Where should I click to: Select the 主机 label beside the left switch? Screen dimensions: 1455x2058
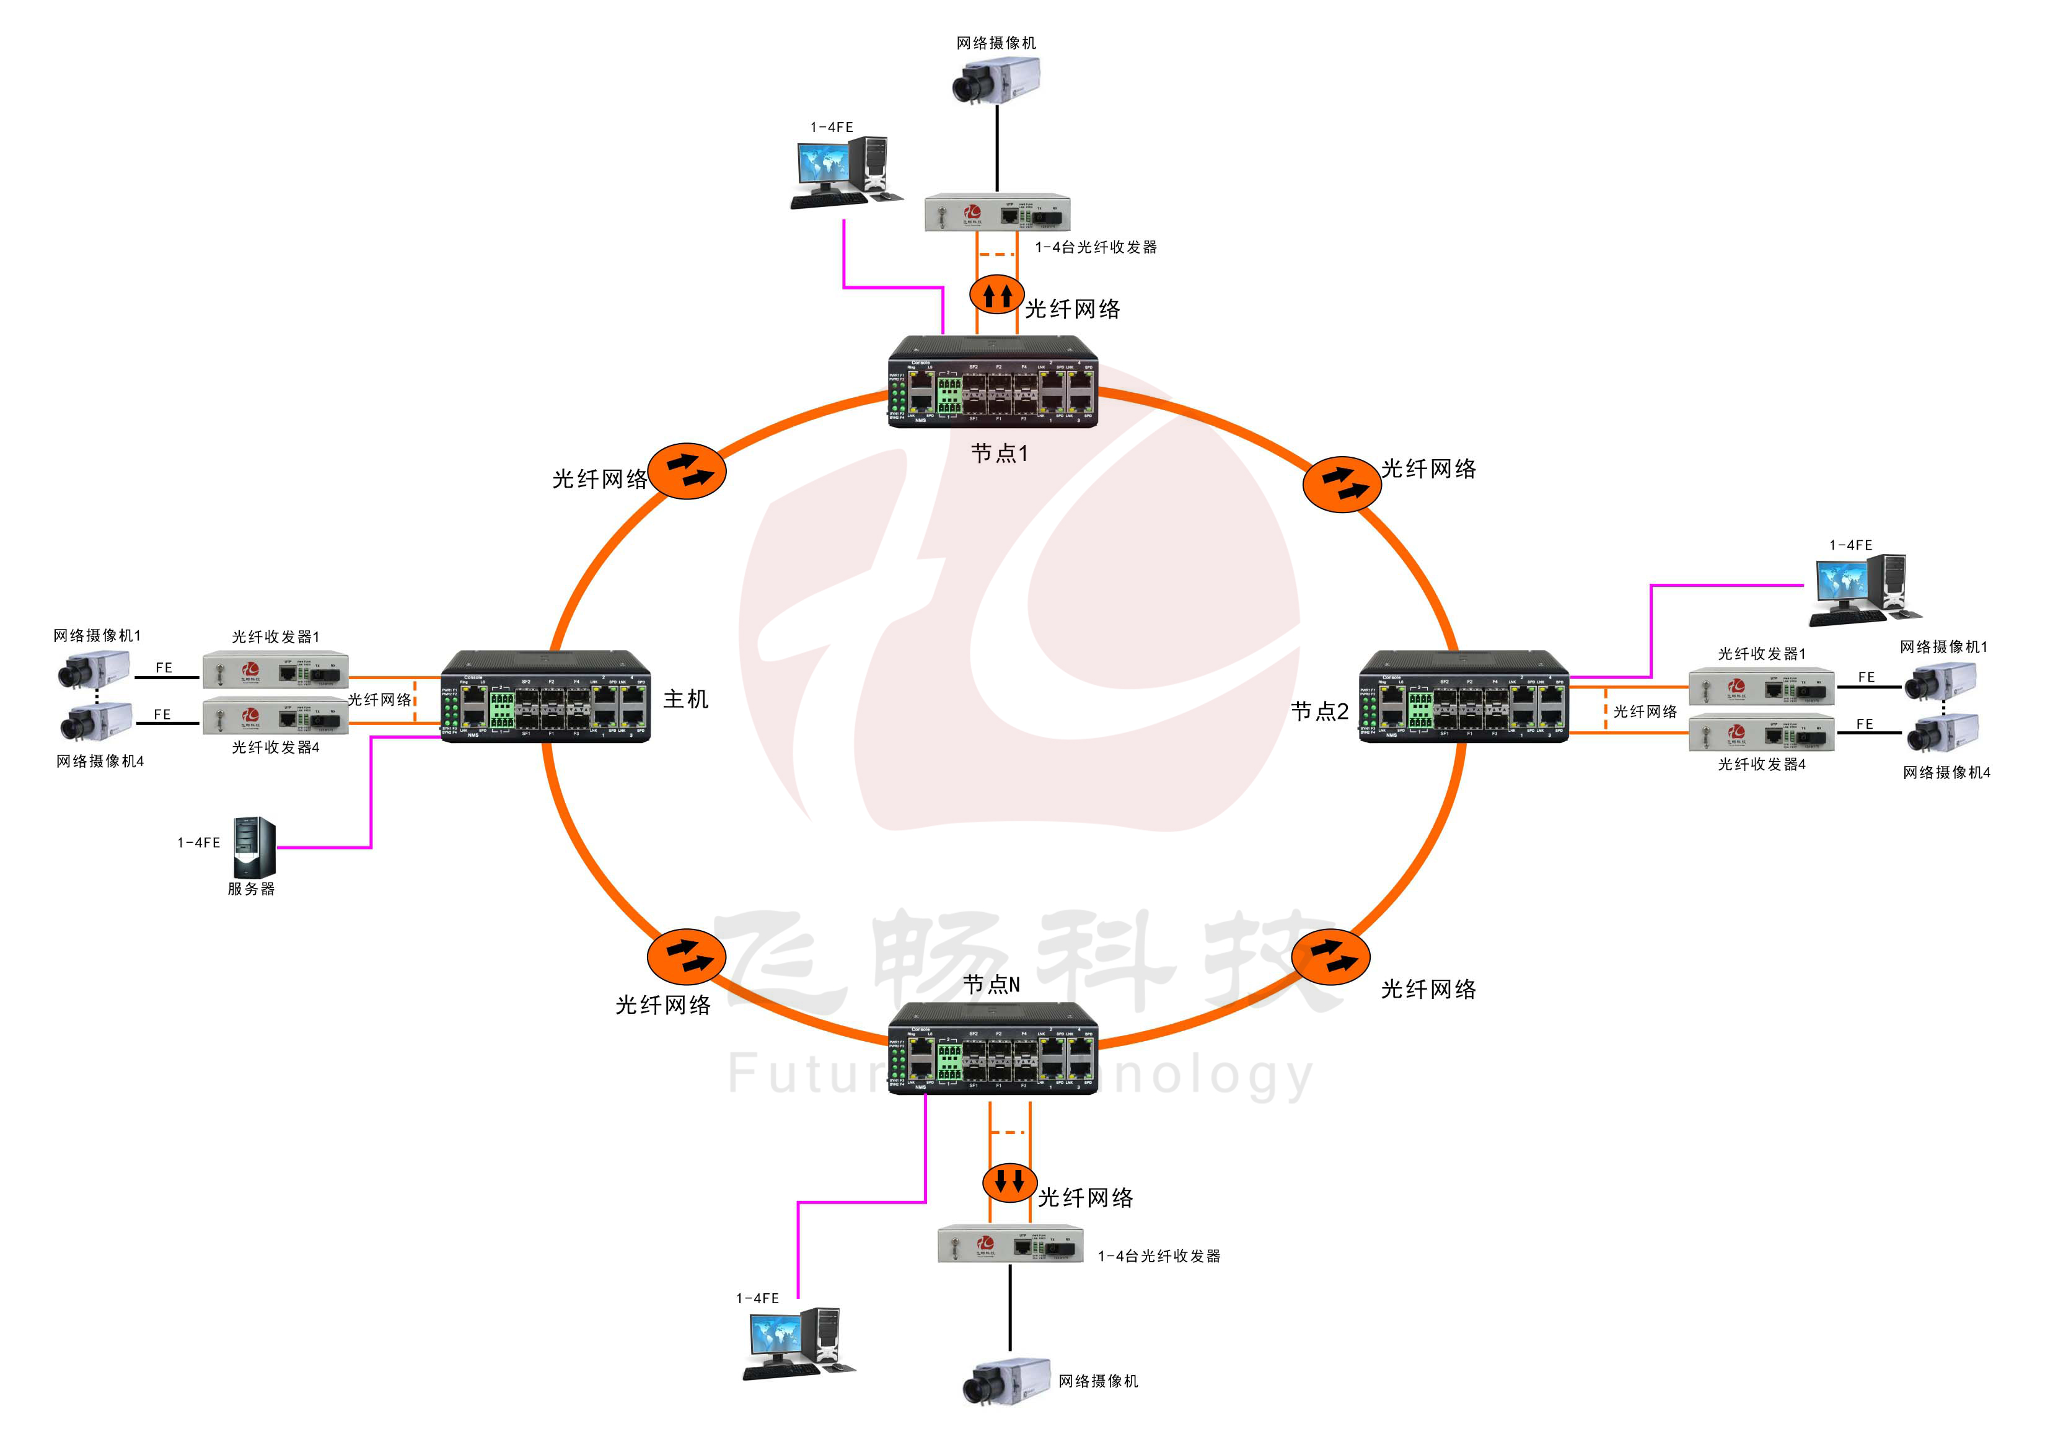(686, 699)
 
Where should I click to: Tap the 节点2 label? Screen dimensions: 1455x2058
(1319, 712)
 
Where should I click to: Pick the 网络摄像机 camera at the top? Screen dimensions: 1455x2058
(995, 79)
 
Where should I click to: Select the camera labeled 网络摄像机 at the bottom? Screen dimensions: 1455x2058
(1006, 1381)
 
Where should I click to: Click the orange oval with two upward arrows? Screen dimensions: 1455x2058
(996, 294)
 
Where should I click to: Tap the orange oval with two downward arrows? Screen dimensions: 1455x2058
(1009, 1182)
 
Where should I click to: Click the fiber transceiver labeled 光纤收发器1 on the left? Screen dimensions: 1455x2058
(275, 670)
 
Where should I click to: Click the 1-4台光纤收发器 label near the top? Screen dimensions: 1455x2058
(1096, 247)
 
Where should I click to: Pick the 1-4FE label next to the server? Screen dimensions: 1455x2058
(198, 843)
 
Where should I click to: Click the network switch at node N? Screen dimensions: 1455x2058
(992, 1049)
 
